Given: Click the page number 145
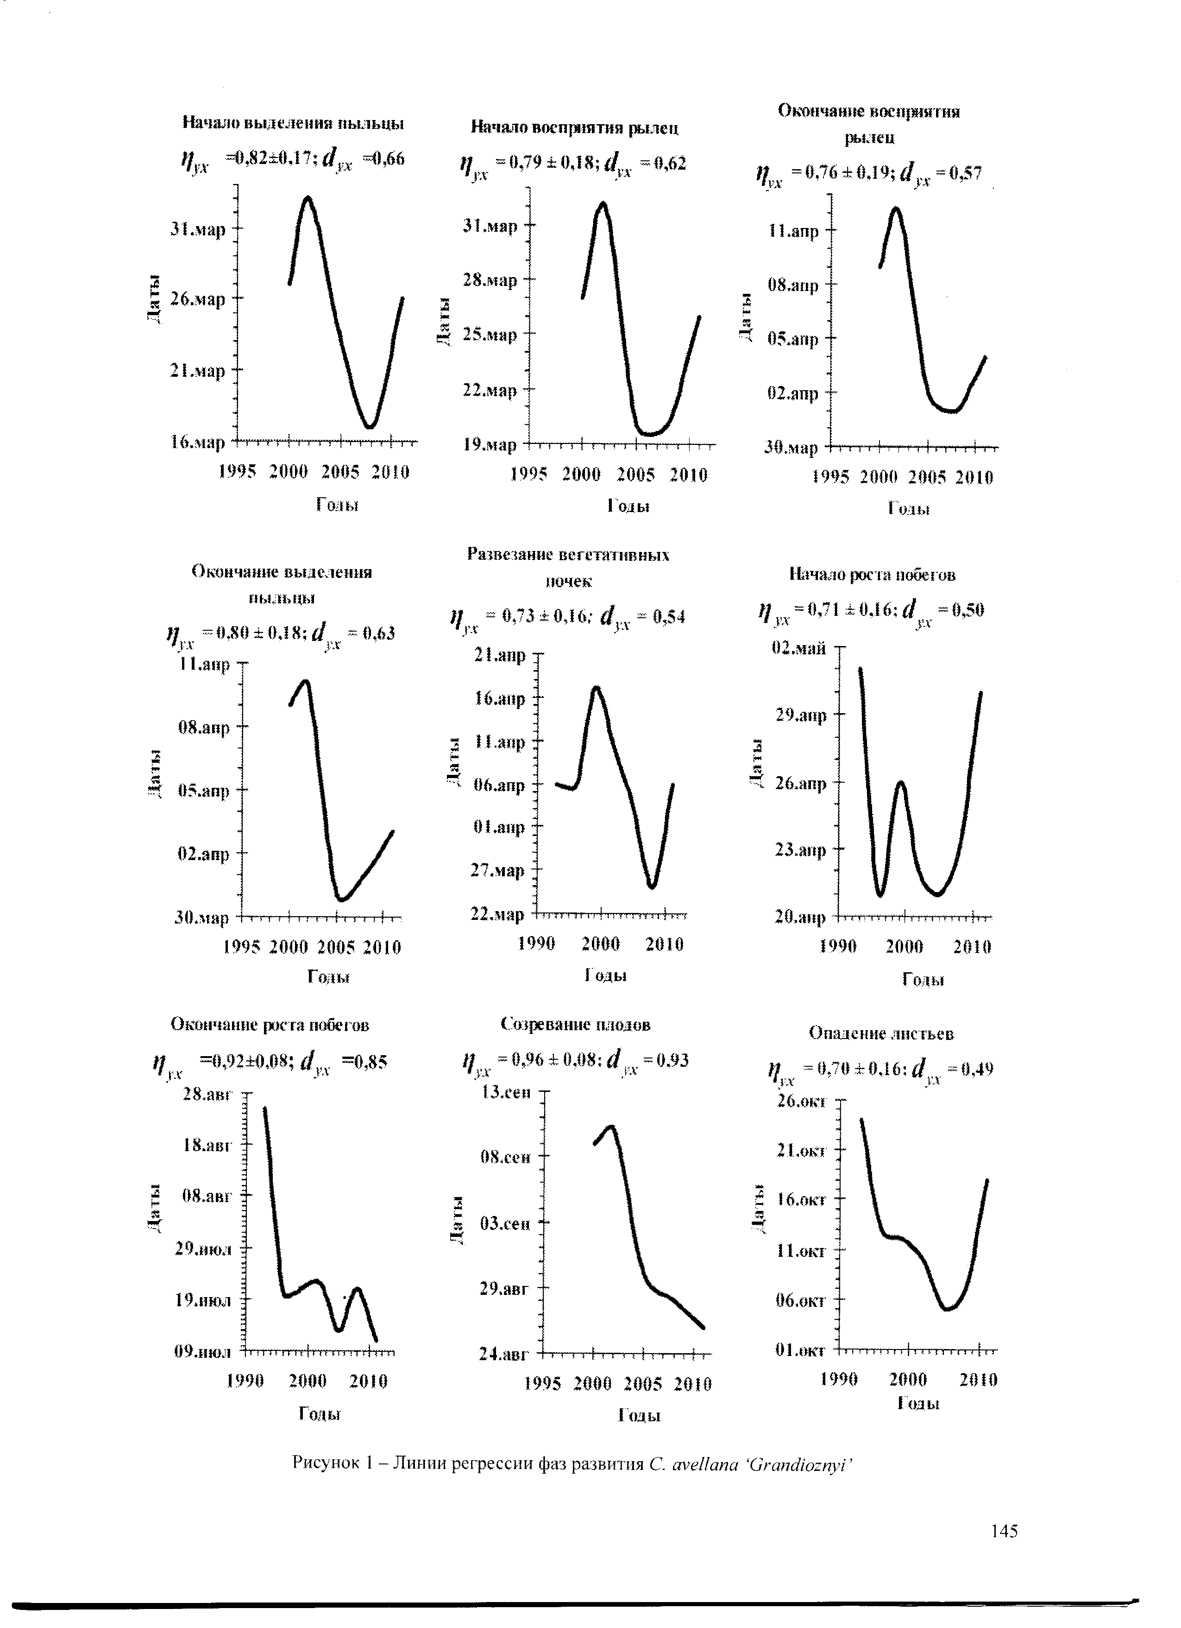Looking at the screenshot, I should [x=1004, y=1531].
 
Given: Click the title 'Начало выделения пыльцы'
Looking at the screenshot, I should [x=294, y=123].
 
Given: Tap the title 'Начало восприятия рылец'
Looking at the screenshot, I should [x=575, y=128].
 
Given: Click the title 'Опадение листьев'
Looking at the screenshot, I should [x=881, y=1033].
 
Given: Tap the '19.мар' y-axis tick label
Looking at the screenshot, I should [x=490, y=445].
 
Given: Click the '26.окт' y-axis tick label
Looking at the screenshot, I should [x=802, y=1101].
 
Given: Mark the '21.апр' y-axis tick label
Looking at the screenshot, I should [x=500, y=655].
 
